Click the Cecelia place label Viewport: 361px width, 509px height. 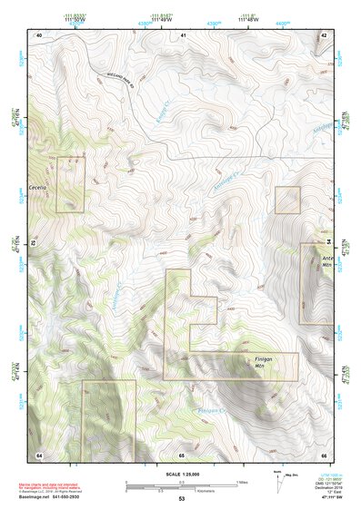click(38, 187)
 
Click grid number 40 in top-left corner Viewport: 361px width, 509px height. click(38, 34)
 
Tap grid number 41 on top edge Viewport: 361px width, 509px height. click(182, 34)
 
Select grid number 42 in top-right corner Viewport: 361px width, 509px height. click(324, 34)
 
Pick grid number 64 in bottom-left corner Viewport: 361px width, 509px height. click(38, 454)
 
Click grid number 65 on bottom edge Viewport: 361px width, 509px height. click(182, 454)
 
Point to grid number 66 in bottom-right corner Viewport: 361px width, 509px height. click(323, 454)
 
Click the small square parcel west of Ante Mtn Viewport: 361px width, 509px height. click(287, 201)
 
